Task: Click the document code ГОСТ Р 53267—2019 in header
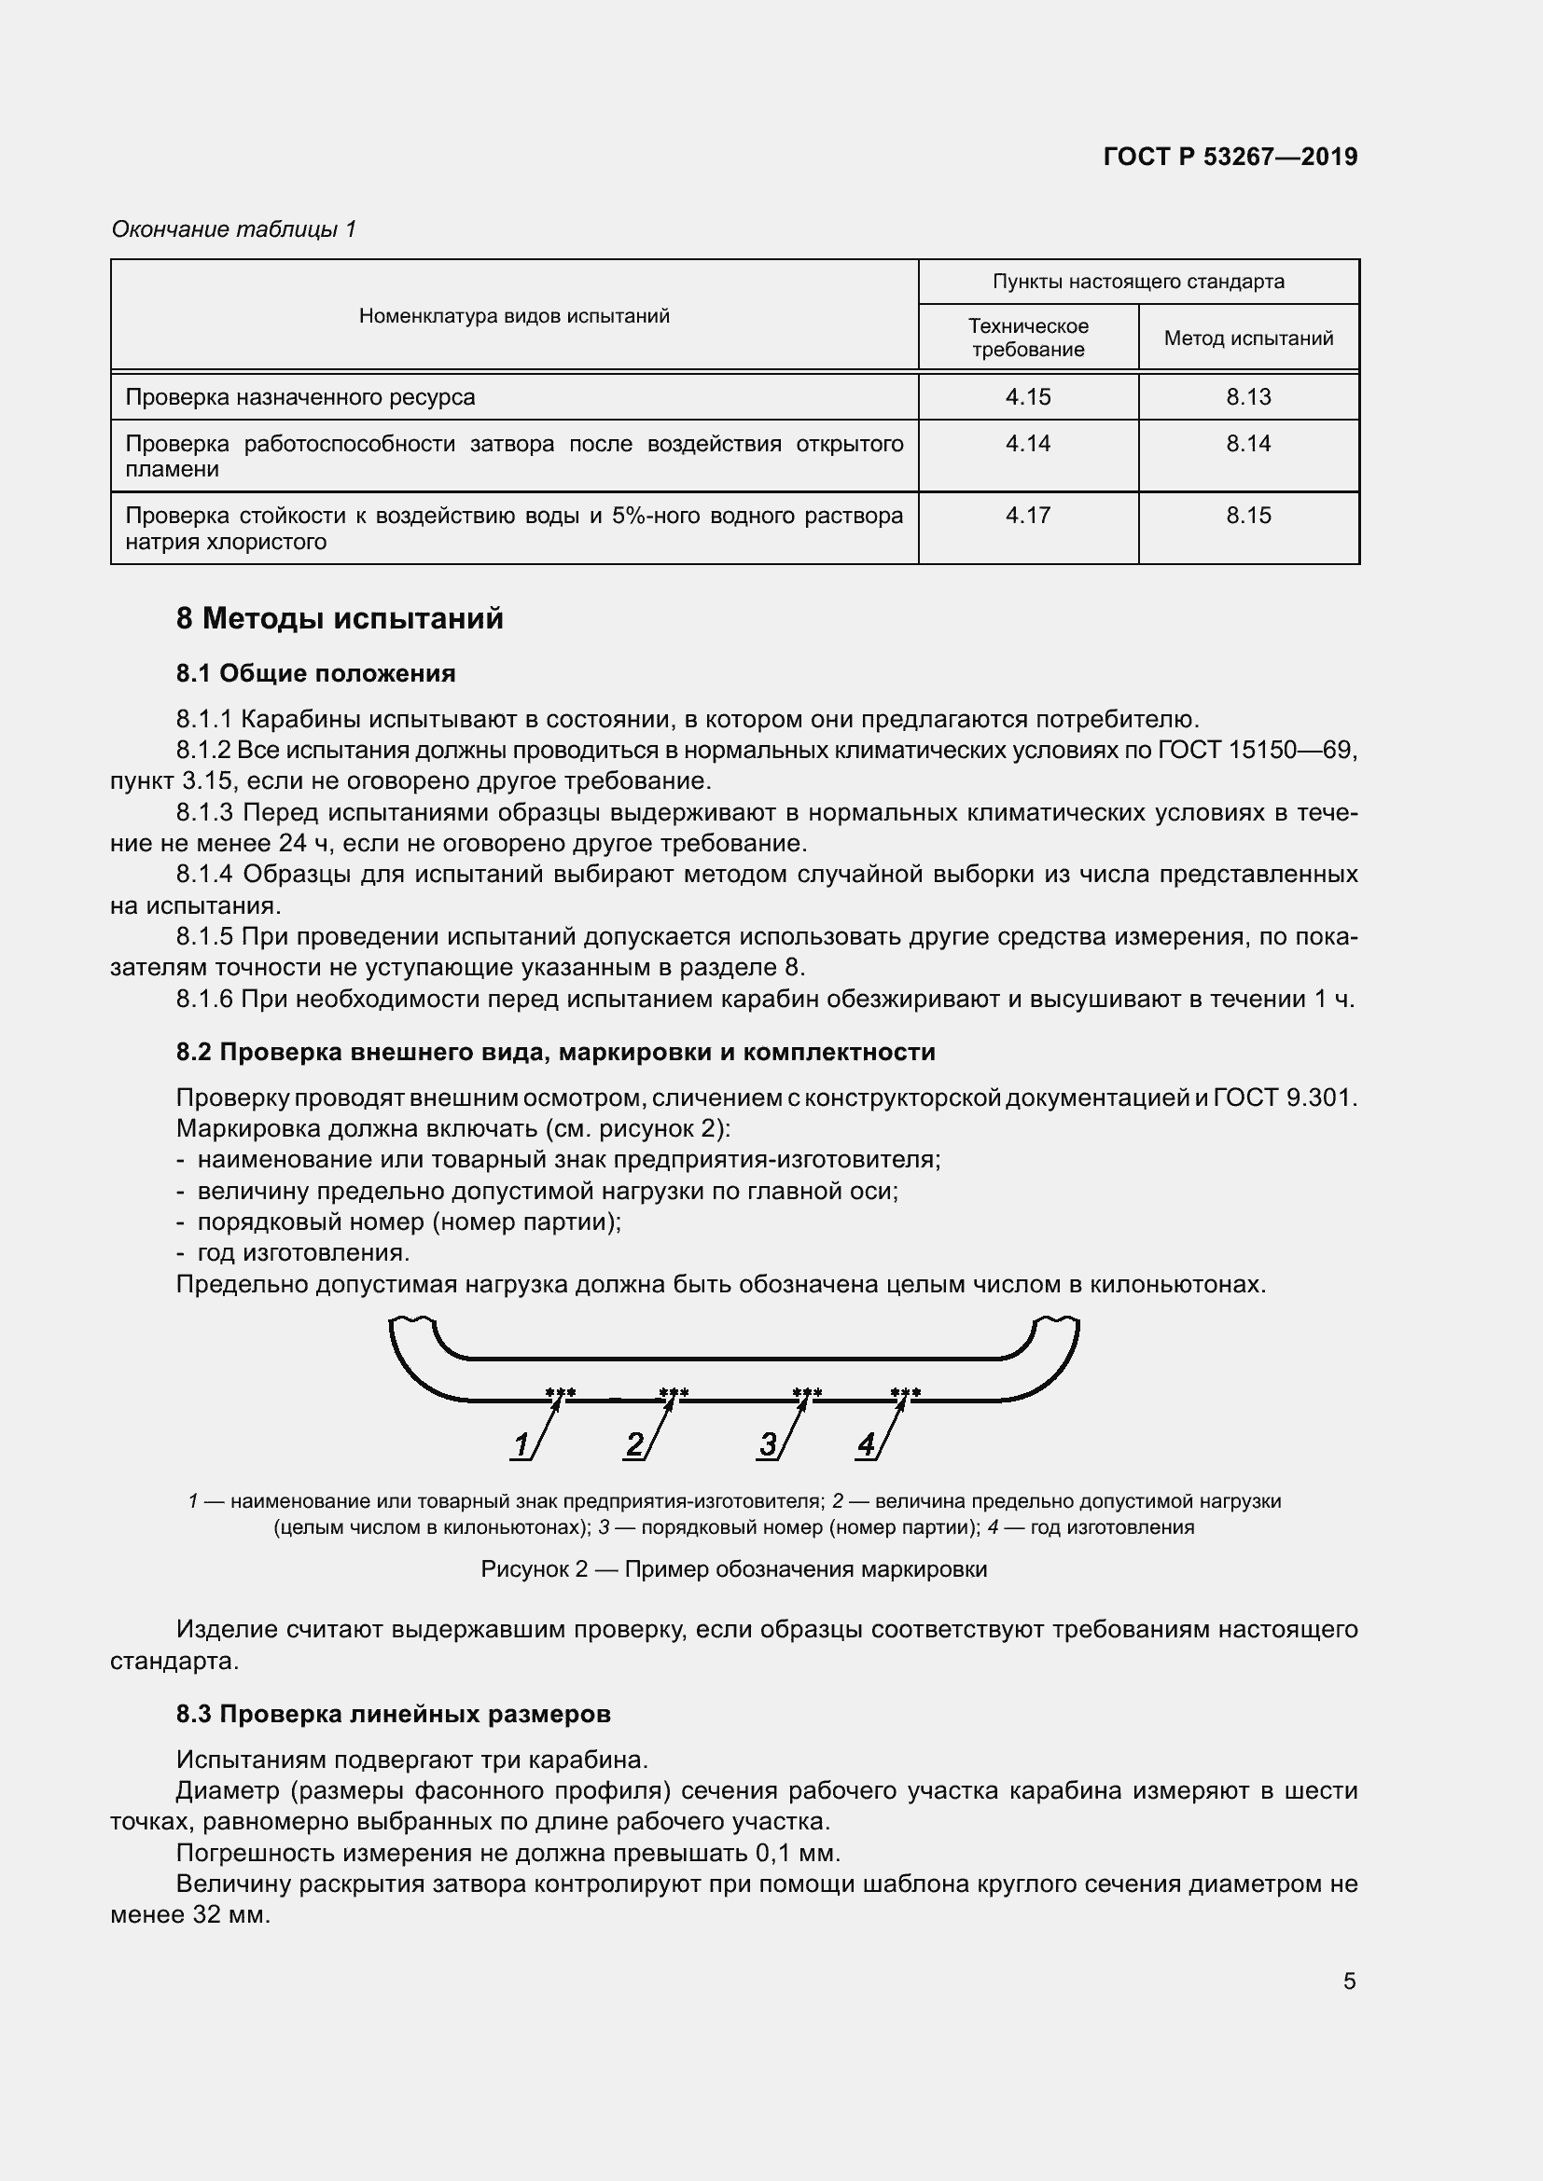click(1230, 157)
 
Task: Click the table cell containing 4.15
click(1027, 397)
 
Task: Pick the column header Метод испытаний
click(1247, 338)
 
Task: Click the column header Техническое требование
click(1027, 338)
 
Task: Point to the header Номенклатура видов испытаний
click(514, 315)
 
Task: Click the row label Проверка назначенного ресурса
click(300, 397)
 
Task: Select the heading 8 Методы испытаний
click(340, 618)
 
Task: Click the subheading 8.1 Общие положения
click(315, 673)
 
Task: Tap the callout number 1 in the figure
click(521, 1444)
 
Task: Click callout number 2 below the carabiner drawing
click(633, 1444)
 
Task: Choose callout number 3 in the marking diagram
click(767, 1444)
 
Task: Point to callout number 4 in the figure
click(866, 1444)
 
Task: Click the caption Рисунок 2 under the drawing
click(733, 1568)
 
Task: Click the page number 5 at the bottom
click(1349, 1981)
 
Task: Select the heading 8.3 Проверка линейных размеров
click(394, 1714)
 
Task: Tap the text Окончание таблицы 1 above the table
click(234, 229)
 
